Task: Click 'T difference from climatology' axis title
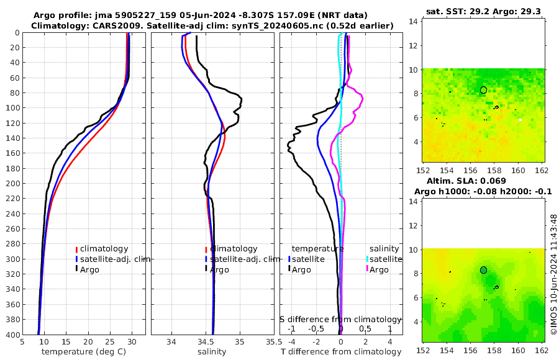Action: [340, 352]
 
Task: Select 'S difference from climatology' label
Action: [340, 319]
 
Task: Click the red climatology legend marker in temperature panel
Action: [76, 249]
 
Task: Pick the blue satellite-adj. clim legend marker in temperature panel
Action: [76, 259]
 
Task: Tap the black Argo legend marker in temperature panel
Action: [76, 269]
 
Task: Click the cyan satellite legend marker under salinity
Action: [367, 259]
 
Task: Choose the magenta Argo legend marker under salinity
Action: [367, 269]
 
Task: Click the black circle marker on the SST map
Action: [483, 90]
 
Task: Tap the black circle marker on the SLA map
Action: [483, 270]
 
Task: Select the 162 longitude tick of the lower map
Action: [542, 349]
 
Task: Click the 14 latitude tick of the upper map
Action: [412, 21]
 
